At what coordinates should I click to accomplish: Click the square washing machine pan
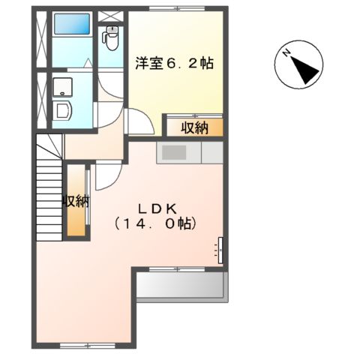click(x=62, y=84)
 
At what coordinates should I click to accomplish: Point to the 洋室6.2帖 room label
click(x=174, y=63)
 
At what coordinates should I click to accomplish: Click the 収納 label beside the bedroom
click(x=194, y=127)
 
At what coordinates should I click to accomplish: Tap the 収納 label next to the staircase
click(x=75, y=201)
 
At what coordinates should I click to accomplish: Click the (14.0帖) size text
click(x=156, y=223)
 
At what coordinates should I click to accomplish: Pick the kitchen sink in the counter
click(x=175, y=152)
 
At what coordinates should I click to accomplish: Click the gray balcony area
click(x=180, y=286)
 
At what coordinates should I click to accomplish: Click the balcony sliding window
click(x=180, y=268)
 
